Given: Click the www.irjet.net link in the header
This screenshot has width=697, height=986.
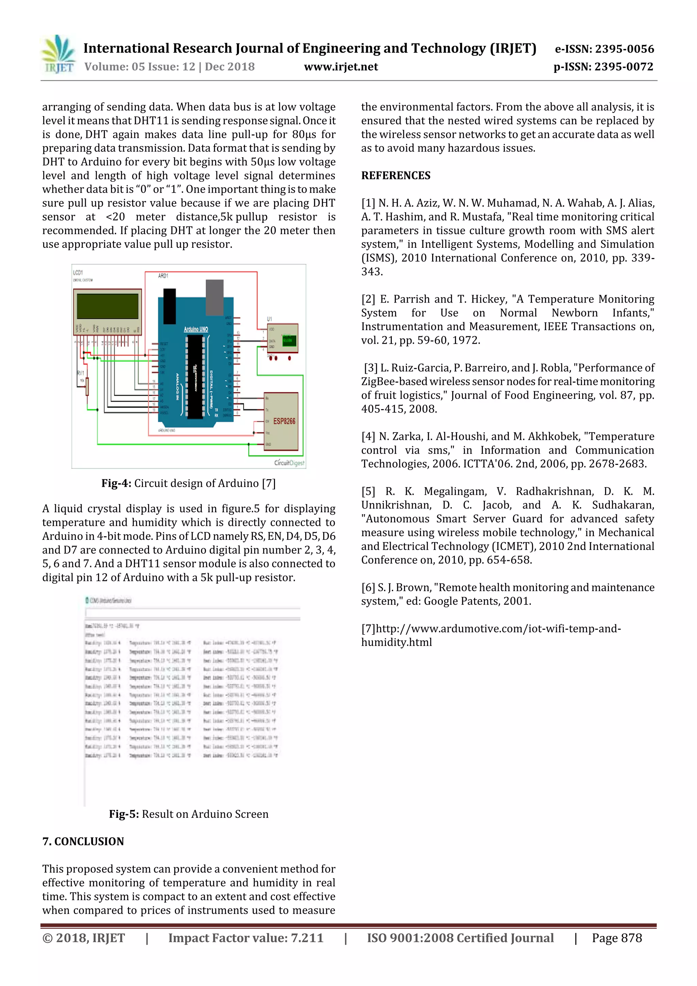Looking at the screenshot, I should (x=341, y=67).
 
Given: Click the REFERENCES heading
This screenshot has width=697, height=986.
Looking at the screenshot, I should (x=395, y=176).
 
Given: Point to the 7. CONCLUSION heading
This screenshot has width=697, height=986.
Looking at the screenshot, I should (x=83, y=841).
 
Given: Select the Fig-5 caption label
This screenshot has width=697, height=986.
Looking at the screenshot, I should (x=124, y=814).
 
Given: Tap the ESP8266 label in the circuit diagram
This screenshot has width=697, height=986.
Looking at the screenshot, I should (x=284, y=421).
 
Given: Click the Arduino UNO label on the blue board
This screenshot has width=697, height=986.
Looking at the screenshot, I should (x=196, y=329).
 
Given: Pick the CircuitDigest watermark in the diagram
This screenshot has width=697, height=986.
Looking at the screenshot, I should (x=289, y=463).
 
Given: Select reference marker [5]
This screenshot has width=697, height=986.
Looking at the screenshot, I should (x=368, y=491).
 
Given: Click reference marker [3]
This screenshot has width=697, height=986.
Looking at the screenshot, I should (x=371, y=368).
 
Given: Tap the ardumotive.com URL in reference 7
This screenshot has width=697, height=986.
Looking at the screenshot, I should (x=491, y=635).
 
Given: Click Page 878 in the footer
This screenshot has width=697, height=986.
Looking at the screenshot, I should (x=617, y=938).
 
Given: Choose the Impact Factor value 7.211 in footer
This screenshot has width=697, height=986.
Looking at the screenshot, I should (x=246, y=938).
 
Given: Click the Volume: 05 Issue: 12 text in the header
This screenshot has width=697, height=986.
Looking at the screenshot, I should (x=140, y=67).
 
